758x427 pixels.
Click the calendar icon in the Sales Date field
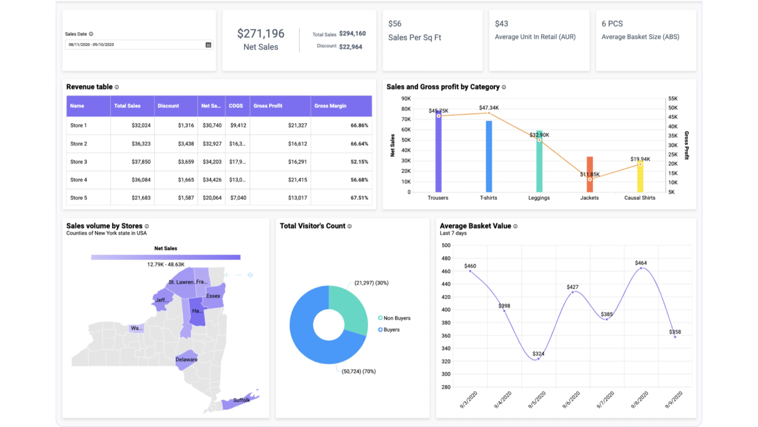click(x=208, y=45)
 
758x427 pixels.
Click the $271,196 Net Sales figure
click(x=261, y=34)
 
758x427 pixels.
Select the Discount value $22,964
click(x=351, y=47)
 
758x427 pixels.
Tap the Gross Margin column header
click(x=330, y=106)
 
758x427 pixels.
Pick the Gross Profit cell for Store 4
click(x=297, y=180)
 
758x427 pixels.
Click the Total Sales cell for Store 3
click(x=141, y=162)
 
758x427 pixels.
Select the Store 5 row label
click(x=79, y=198)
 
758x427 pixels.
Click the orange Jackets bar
click(x=590, y=174)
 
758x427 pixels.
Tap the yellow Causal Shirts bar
click(x=640, y=177)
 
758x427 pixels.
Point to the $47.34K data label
click(x=489, y=108)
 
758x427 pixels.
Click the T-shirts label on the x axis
click(x=488, y=198)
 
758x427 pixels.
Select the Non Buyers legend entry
click(x=394, y=318)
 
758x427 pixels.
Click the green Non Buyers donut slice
click(x=350, y=308)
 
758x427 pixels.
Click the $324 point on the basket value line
click(x=538, y=359)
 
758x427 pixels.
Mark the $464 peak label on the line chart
click(x=641, y=263)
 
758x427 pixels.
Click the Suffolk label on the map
click(x=241, y=400)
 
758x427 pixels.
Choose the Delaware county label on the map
click(x=186, y=359)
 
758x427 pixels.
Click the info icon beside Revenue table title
click(x=117, y=87)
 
